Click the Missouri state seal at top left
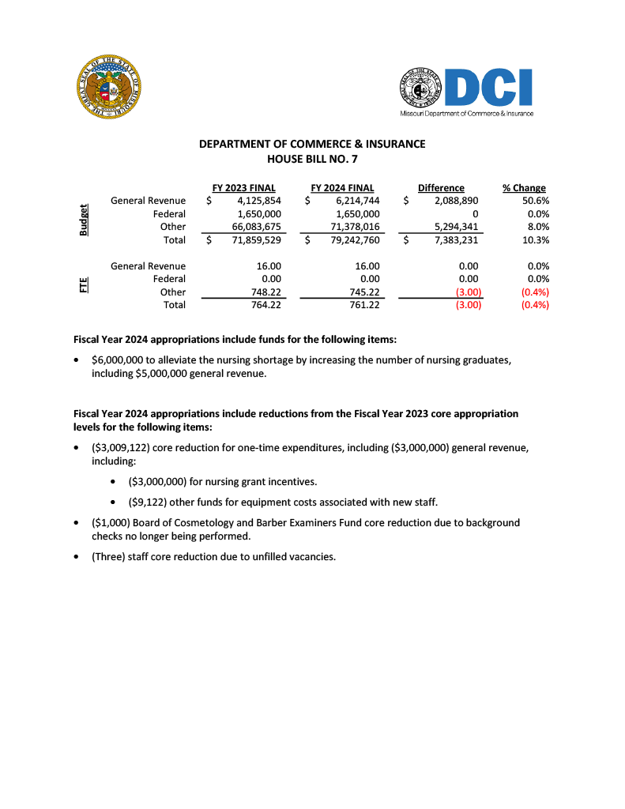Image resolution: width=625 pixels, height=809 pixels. (110, 88)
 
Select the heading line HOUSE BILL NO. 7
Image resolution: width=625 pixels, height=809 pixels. (312, 158)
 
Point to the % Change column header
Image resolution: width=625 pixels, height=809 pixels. (524, 188)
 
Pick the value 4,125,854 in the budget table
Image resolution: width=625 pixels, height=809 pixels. (259, 201)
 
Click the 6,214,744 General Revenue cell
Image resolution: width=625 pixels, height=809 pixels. (358, 201)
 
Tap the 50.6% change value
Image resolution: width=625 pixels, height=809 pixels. (537, 201)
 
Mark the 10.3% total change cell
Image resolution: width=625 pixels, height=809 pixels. (537, 240)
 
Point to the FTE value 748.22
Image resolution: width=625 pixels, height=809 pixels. (265, 292)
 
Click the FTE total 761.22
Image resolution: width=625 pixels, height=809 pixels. (364, 305)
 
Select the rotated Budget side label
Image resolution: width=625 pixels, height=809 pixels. (83, 220)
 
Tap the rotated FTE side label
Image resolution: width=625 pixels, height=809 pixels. (83, 284)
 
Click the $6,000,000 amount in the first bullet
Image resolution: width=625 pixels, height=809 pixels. (118, 360)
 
